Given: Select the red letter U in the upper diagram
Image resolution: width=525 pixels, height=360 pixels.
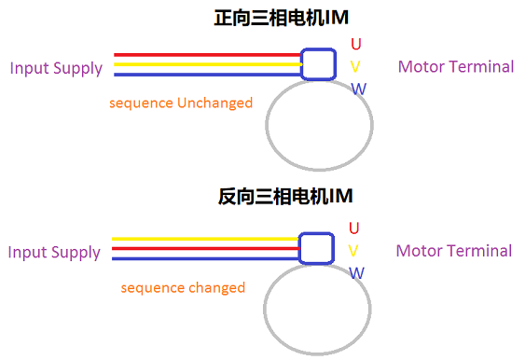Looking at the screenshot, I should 355,44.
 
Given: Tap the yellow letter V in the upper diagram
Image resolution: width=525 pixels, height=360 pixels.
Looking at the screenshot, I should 355,66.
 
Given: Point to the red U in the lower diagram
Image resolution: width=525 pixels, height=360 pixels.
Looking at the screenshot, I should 354,228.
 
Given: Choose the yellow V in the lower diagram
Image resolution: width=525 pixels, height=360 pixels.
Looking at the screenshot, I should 353,251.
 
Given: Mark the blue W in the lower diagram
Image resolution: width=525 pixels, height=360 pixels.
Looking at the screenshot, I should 357,273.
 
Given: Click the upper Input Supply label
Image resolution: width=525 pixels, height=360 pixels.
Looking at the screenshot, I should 56,67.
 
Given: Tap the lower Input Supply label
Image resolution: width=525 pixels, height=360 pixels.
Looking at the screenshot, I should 54,252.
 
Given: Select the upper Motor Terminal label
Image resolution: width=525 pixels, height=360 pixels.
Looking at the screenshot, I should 455,66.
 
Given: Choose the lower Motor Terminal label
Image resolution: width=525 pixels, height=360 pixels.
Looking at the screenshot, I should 454,251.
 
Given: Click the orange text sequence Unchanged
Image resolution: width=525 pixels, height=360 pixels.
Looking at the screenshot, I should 181,103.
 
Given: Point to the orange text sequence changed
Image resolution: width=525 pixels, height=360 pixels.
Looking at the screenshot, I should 183,288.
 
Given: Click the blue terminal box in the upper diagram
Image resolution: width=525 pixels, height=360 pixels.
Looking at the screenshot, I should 318,64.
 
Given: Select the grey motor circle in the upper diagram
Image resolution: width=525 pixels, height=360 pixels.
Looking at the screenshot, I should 320,125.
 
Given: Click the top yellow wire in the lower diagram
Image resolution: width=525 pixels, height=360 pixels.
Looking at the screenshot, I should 205,240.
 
